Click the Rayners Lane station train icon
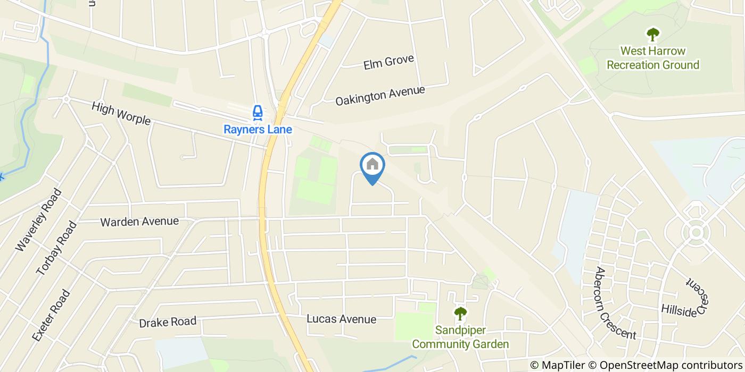258,113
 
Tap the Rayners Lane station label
258,129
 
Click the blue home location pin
372,166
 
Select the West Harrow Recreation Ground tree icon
652,35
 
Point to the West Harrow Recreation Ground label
653,58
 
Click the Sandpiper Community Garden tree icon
460,314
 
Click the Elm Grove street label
388,62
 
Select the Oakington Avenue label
380,96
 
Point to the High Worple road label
121,113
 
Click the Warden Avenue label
139,221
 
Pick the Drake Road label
168,322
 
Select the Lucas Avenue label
342,319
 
